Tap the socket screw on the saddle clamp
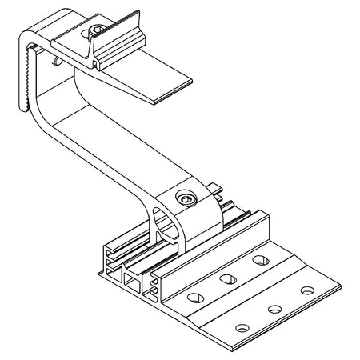tap(186, 197)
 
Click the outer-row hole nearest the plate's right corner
tap(306, 289)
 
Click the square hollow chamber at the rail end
tap(132, 282)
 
